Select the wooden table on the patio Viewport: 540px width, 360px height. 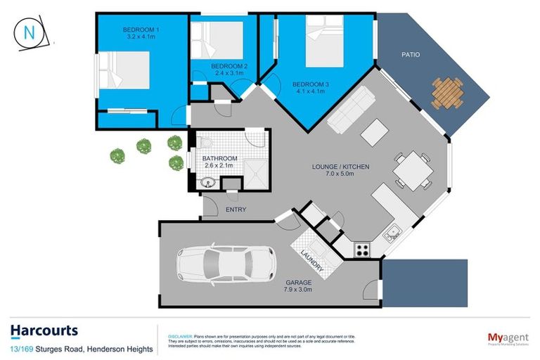tap(447, 93)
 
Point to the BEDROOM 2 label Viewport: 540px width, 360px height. tap(227, 65)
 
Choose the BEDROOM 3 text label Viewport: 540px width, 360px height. tap(311, 84)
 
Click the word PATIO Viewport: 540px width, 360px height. tap(411, 54)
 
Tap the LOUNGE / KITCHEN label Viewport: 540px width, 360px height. tap(341, 167)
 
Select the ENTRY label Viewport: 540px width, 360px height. tap(236, 210)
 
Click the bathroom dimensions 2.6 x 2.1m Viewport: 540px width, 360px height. tap(220, 166)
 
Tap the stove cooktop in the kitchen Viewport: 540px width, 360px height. tap(362, 249)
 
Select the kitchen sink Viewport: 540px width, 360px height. tap(392, 230)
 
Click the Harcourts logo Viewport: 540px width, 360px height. tap(44, 330)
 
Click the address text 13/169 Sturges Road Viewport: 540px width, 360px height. tap(43, 348)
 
